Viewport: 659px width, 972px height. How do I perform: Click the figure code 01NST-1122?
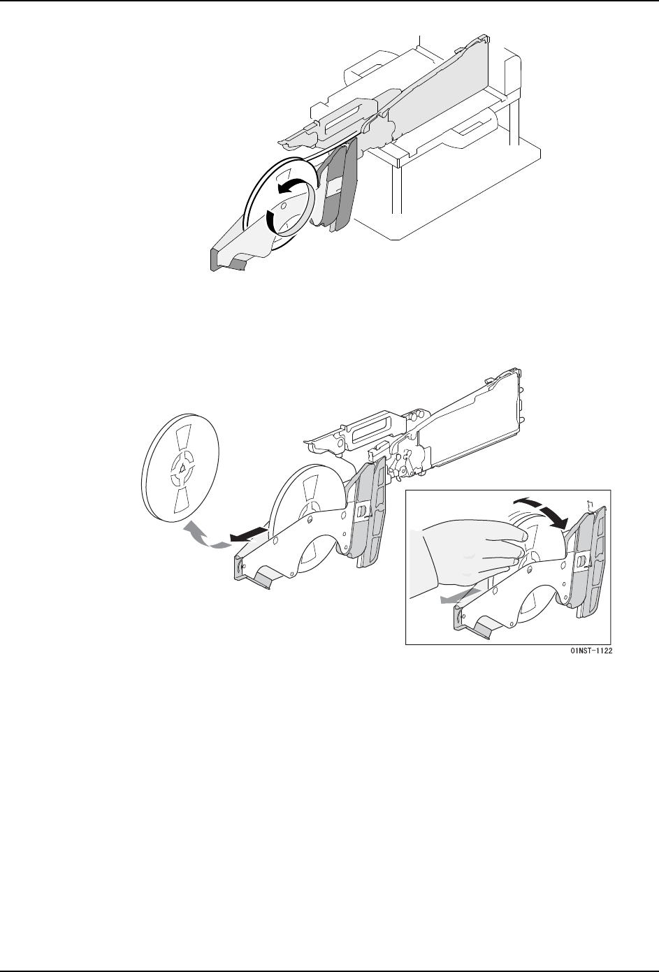tap(591, 651)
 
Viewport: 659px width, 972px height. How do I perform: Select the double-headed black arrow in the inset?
tap(541, 514)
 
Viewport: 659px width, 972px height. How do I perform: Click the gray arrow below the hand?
tap(460, 596)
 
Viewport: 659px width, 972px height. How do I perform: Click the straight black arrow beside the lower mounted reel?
tap(249, 534)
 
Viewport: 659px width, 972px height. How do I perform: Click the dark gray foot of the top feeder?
tap(226, 261)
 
